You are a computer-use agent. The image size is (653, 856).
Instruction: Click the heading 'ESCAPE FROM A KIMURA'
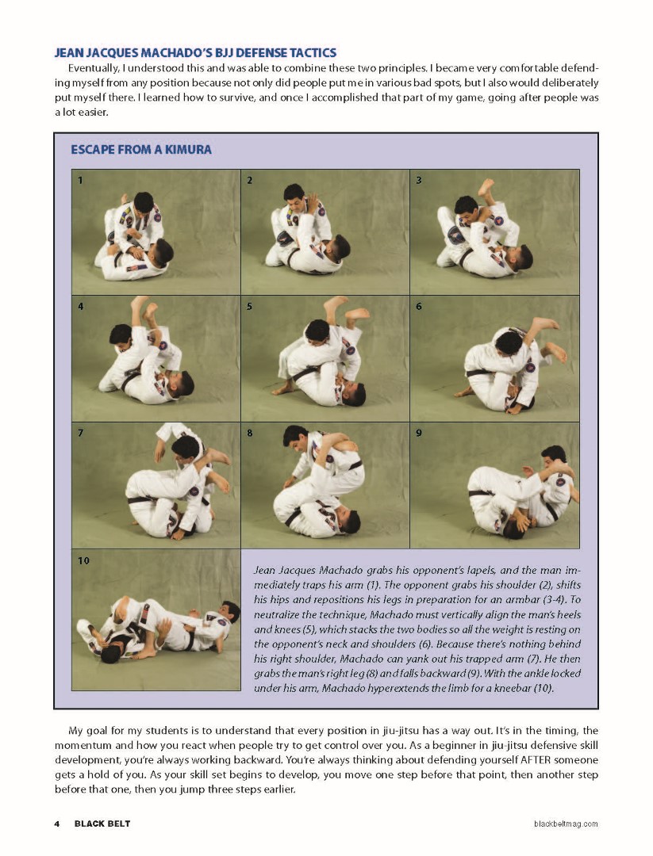pyautogui.click(x=141, y=149)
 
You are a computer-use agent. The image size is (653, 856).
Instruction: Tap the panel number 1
pyautogui.click(x=80, y=180)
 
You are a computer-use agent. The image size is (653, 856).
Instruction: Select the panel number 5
pyautogui.click(x=249, y=306)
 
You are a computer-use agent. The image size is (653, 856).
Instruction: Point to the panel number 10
pyautogui.click(x=83, y=560)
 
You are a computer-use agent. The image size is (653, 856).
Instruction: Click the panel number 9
pyautogui.click(x=418, y=433)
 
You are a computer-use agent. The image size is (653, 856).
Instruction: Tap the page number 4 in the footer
pyautogui.click(x=57, y=824)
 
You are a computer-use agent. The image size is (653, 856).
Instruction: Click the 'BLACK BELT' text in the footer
pyautogui.click(x=102, y=824)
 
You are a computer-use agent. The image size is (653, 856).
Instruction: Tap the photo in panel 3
pyautogui.click(x=494, y=231)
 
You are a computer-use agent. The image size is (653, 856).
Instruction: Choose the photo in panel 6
pyautogui.click(x=494, y=358)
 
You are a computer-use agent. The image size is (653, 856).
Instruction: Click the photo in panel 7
pyautogui.click(x=156, y=485)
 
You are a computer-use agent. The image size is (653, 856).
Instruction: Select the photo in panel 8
pyautogui.click(x=325, y=485)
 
